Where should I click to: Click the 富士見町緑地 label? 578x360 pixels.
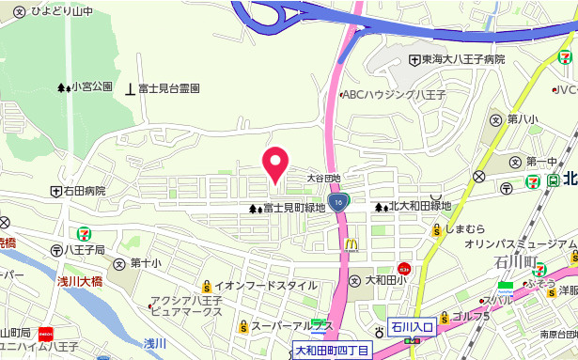click(293, 208)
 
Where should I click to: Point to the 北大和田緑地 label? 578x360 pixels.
click(420, 206)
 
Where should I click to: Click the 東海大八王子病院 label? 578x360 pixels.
click(462, 60)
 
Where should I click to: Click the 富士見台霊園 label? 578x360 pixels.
click(168, 88)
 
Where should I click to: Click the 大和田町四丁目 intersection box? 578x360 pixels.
click(333, 351)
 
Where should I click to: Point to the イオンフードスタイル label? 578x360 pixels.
click(265, 286)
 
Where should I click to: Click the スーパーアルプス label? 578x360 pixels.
click(293, 326)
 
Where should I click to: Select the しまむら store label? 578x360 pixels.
click(465, 229)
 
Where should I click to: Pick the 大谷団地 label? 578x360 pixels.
click(323, 178)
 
